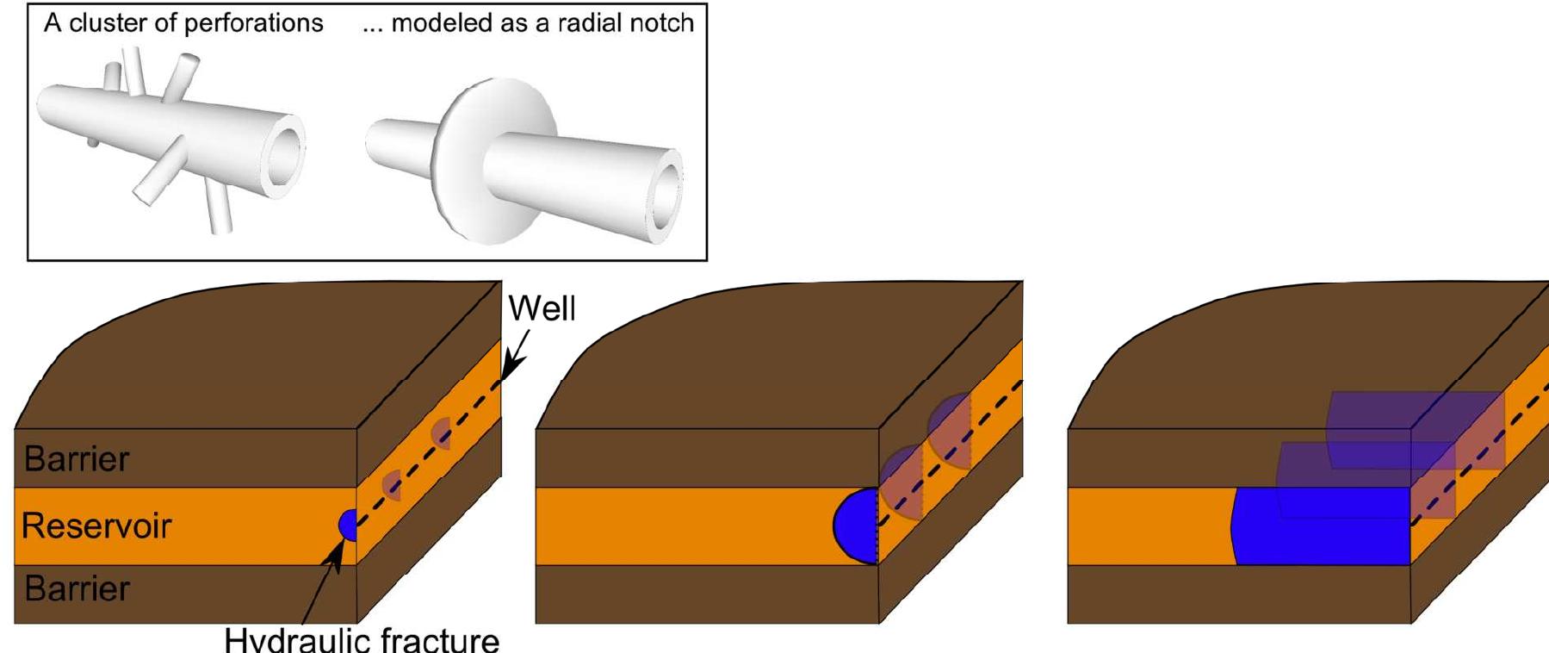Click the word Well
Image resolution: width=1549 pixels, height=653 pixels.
tap(542, 308)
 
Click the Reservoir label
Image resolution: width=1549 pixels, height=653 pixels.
tap(96, 526)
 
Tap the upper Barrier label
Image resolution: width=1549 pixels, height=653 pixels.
tap(77, 458)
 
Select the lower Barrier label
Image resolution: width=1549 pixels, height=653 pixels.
tap(77, 588)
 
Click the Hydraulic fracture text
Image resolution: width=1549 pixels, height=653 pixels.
tap(362, 640)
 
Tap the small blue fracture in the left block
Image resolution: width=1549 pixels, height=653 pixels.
tap(348, 525)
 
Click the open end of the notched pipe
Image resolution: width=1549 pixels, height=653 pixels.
tap(664, 193)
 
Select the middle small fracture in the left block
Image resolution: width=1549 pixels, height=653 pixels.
tap(392, 485)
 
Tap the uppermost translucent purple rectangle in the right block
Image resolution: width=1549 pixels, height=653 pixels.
tap(1416, 429)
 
